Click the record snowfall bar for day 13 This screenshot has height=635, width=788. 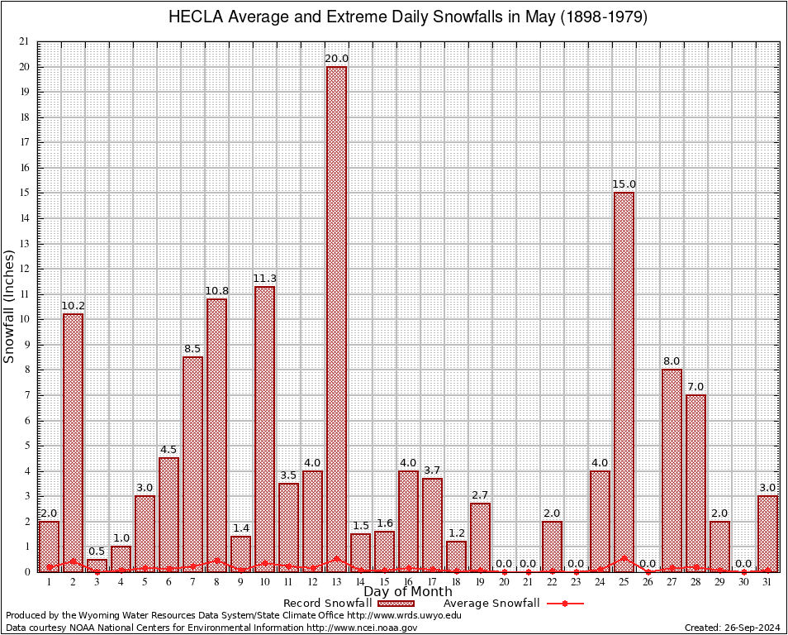click(x=336, y=318)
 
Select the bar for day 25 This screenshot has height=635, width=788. click(x=624, y=380)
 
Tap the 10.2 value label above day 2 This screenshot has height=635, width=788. click(x=73, y=306)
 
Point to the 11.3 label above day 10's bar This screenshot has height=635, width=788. click(x=264, y=278)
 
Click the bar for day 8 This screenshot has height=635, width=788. click(x=216, y=434)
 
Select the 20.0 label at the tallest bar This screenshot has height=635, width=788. click(x=336, y=59)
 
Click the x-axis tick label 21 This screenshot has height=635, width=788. click(x=528, y=582)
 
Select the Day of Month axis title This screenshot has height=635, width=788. click(x=408, y=592)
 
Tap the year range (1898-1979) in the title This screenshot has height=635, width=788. click(x=603, y=17)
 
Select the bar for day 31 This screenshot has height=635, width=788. click(x=767, y=533)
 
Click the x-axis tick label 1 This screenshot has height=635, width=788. click(x=49, y=582)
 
